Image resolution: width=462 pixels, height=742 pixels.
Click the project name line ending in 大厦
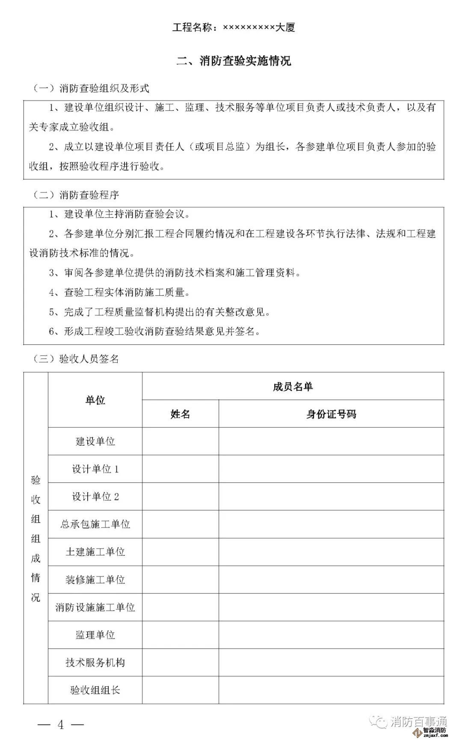pyautogui.click(x=234, y=28)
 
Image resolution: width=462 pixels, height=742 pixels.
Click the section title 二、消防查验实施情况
pyautogui.click(x=234, y=61)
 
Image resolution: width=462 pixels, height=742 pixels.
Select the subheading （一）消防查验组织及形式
pyautogui.click(x=91, y=89)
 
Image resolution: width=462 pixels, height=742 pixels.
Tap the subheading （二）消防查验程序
pyautogui.click(x=76, y=195)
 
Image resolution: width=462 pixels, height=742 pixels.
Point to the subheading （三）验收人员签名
pyautogui.click(x=76, y=359)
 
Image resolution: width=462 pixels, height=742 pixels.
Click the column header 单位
pyautogui.click(x=95, y=400)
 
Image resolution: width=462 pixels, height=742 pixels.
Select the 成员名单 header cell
pyautogui.click(x=293, y=386)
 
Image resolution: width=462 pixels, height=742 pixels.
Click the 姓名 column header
pyautogui.click(x=180, y=414)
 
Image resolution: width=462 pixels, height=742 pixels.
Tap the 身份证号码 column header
pyautogui.click(x=331, y=414)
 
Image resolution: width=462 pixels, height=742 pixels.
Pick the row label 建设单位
pyautogui.click(x=95, y=441)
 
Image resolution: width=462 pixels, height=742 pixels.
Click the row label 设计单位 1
pyautogui.click(x=95, y=469)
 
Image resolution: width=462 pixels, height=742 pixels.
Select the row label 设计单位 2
pyautogui.click(x=95, y=496)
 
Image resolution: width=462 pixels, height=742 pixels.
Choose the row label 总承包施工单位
pyautogui.click(x=95, y=524)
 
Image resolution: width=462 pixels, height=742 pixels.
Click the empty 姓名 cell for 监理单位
pyautogui.click(x=180, y=635)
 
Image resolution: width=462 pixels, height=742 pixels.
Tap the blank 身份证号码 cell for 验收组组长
pyautogui.click(x=331, y=690)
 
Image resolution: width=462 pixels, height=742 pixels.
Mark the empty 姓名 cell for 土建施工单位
pyautogui.click(x=180, y=552)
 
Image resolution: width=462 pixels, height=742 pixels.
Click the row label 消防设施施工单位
pyautogui.click(x=95, y=607)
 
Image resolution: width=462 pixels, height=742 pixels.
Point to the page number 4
pyautogui.click(x=61, y=724)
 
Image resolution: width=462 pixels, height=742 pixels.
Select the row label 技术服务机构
pyautogui.click(x=95, y=662)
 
